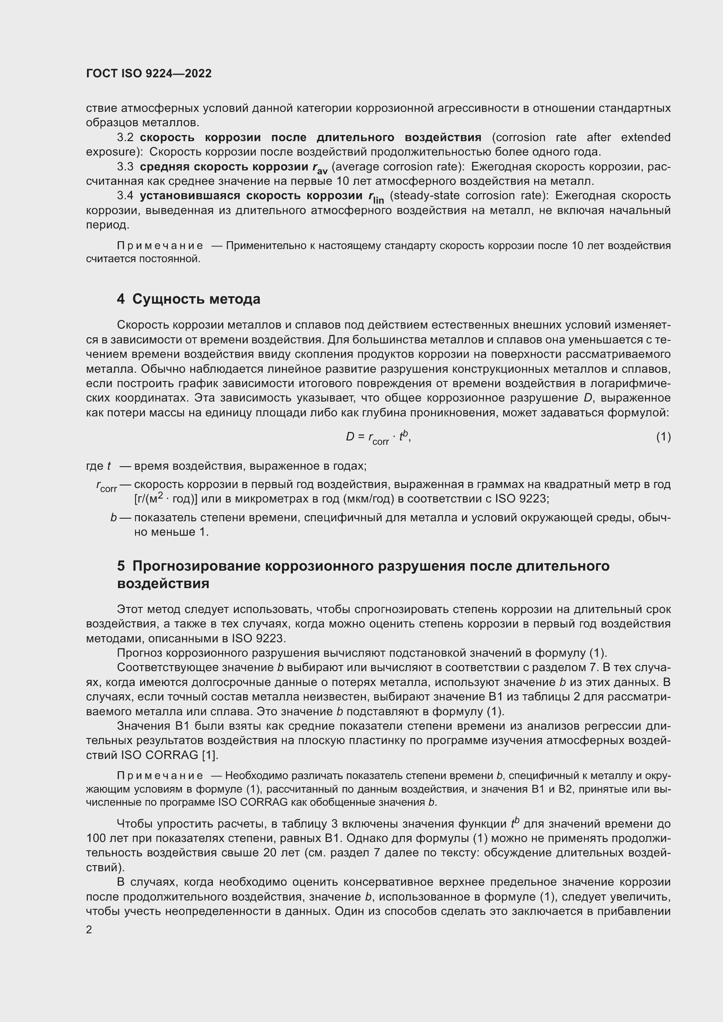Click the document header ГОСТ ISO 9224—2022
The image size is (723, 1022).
tap(149, 73)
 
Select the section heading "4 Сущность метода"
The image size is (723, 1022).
tap(188, 299)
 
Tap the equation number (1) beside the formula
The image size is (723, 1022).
tap(664, 437)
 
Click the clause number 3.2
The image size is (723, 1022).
tap(125, 138)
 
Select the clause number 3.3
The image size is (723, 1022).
tap(125, 167)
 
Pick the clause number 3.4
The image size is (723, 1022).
tap(125, 196)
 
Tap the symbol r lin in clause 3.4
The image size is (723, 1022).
tap(376, 197)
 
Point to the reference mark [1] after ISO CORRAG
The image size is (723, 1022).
tap(209, 755)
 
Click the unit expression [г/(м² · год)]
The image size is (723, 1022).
tap(166, 499)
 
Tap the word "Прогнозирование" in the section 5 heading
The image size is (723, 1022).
tap(196, 566)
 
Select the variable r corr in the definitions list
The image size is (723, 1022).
tap(106, 486)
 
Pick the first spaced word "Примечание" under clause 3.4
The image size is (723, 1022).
tap(160, 246)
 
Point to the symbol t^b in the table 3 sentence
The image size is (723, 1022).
tap(515, 823)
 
